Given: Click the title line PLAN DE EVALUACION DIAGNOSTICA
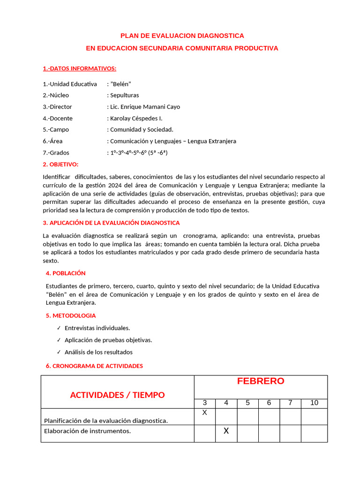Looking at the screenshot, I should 182,36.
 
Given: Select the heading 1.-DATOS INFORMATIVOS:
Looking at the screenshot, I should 79,68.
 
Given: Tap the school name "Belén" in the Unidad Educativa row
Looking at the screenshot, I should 120,84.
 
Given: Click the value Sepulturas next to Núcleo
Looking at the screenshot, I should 124,95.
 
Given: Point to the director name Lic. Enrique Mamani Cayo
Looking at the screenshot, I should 145,107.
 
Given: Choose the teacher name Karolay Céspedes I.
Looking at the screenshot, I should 136,118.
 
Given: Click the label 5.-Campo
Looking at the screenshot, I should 56,129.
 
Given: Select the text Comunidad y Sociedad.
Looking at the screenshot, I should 142,129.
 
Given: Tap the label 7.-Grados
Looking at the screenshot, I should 56,152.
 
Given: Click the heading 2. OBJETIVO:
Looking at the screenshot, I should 60,164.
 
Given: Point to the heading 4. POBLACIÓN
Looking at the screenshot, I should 66,273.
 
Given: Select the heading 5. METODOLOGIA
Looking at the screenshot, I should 71,316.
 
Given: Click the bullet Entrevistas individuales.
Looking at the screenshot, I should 97,328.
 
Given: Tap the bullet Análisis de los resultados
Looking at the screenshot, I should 98,352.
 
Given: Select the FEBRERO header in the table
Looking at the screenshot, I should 261,381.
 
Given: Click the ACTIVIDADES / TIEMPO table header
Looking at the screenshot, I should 117,395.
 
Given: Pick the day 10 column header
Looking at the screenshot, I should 314,403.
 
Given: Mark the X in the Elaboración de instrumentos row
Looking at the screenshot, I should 226,431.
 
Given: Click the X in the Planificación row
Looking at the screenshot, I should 204,413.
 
